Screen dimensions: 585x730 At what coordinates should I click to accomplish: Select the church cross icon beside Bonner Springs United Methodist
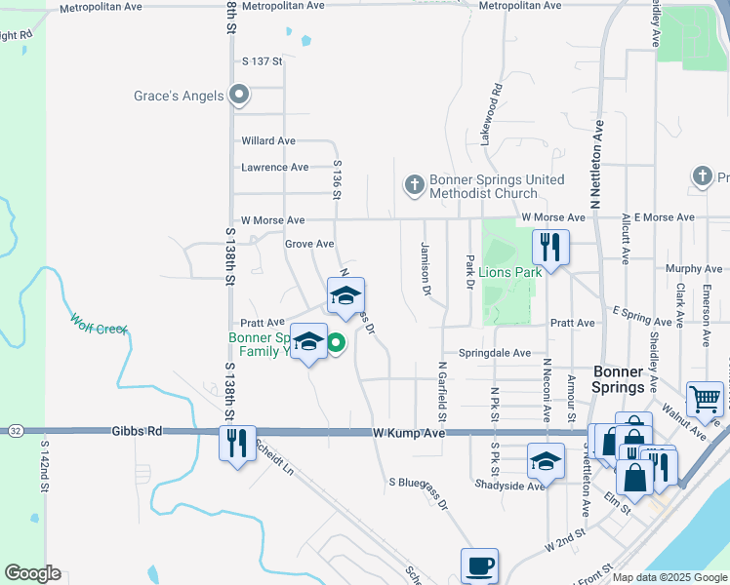click(x=414, y=183)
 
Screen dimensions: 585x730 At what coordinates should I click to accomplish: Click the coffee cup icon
click(x=480, y=565)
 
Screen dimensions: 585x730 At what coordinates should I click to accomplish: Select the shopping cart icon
click(x=705, y=398)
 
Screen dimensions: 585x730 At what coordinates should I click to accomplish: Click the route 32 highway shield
click(x=15, y=430)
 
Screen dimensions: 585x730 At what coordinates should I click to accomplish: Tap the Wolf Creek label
click(x=99, y=323)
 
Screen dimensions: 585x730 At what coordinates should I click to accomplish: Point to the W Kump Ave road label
click(x=408, y=432)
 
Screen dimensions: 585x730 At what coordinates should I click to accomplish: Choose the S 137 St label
click(x=262, y=61)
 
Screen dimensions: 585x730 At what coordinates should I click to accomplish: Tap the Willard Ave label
click(x=268, y=141)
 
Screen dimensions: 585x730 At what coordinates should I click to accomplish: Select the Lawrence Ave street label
click(x=275, y=168)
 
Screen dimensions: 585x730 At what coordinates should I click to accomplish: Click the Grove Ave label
click(x=309, y=244)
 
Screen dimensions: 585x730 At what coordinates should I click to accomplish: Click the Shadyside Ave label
click(x=508, y=485)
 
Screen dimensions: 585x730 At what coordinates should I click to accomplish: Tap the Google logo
click(x=32, y=573)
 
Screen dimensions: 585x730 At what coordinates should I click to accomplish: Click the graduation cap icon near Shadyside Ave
click(x=546, y=459)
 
